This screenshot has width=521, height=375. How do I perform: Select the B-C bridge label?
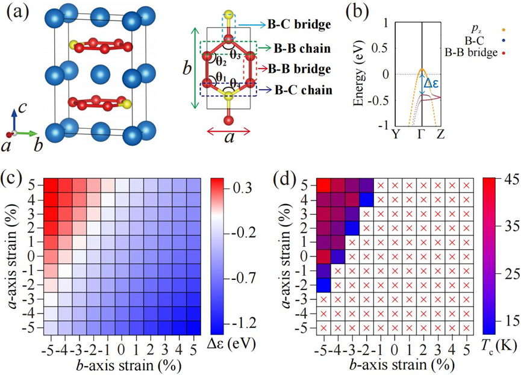pos(299,25)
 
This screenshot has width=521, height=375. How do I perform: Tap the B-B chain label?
pos(302,49)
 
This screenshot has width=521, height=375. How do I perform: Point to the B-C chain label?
pos(304,90)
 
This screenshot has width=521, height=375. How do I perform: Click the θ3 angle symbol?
pos(235,55)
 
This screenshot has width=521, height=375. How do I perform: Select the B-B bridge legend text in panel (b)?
pos(471,52)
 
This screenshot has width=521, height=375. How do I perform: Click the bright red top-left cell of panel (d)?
pos(323,185)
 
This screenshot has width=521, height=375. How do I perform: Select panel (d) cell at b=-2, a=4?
pos(367,200)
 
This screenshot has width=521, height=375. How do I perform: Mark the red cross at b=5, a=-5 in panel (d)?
pos(467,328)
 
